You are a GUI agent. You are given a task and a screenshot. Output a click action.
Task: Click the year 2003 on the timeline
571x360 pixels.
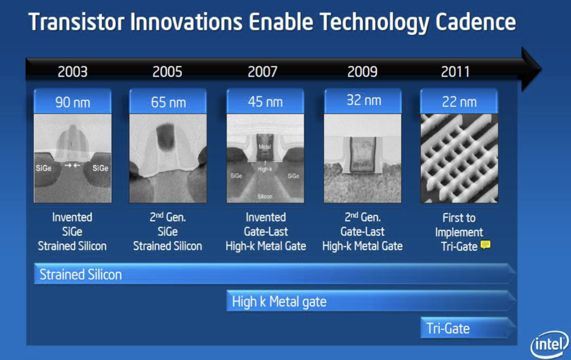tap(72, 72)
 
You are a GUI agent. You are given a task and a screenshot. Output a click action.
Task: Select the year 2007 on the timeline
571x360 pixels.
tap(263, 72)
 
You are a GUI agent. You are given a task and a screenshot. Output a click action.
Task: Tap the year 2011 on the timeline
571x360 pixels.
tap(455, 72)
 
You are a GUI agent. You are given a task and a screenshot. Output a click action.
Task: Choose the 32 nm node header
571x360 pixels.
tap(363, 101)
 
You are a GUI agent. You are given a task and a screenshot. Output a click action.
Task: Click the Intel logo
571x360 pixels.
tap(549, 345)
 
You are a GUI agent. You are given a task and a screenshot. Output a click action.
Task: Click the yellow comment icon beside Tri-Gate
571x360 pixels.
tap(486, 245)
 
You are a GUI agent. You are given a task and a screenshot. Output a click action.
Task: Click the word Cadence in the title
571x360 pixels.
tap(476, 22)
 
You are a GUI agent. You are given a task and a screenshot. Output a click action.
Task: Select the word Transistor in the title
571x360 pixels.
tap(76, 22)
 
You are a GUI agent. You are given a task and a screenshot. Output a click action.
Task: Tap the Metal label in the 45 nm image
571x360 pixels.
tap(265, 147)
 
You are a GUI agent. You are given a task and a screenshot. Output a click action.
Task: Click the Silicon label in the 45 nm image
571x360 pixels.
tap(265, 197)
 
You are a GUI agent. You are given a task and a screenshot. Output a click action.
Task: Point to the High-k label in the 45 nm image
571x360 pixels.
tap(265, 169)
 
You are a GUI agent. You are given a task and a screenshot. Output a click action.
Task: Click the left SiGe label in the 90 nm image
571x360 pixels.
tap(44, 168)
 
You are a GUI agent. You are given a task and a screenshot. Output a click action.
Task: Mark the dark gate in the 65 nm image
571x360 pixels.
tap(165, 137)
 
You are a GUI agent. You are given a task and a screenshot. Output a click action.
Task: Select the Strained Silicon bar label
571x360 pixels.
tap(81, 274)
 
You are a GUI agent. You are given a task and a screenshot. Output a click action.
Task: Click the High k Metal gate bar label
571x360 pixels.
tap(279, 301)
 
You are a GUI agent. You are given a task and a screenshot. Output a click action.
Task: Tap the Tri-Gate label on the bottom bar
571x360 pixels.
tap(448, 328)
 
